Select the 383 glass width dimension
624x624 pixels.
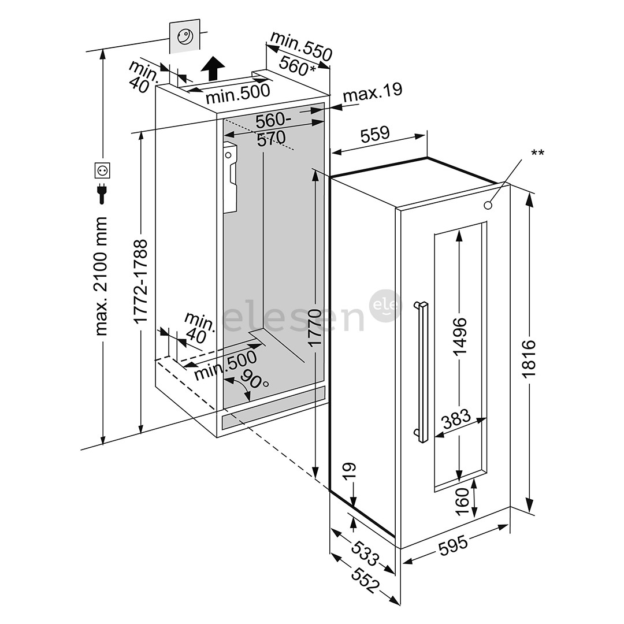pos(456,420)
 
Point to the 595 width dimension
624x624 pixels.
pos(452,546)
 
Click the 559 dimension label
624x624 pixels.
pos(375,135)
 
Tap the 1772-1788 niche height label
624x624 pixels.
pos(142,281)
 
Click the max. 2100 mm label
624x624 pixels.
pos(101,276)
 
